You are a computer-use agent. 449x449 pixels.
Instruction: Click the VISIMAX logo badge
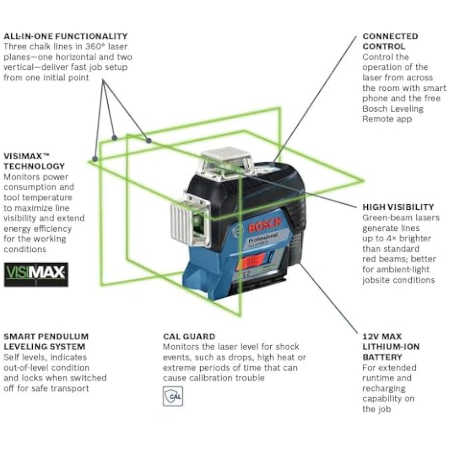(x=36, y=274)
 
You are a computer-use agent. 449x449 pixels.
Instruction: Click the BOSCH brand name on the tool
(x=264, y=225)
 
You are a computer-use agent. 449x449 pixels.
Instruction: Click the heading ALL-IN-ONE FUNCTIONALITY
(x=66, y=36)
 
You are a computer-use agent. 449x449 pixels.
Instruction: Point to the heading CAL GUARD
(x=189, y=336)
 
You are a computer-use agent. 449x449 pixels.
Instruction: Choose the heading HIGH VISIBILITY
(x=398, y=207)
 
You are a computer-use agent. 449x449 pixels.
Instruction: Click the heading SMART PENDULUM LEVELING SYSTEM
(x=46, y=341)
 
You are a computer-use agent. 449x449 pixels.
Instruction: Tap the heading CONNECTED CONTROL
(x=390, y=41)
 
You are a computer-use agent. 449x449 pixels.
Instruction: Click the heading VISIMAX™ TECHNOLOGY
(x=34, y=161)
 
